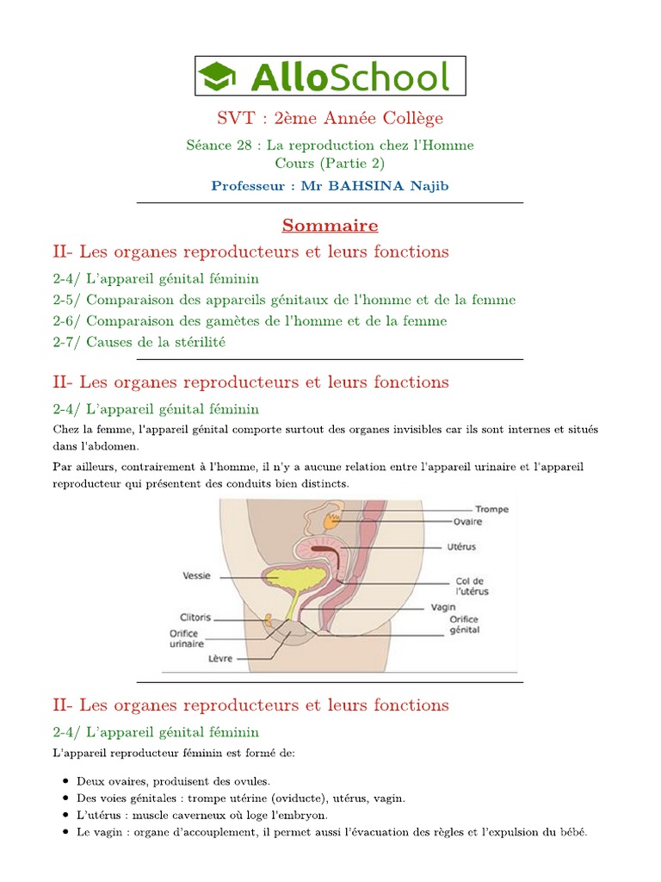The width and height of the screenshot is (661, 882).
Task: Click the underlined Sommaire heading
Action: point(330,226)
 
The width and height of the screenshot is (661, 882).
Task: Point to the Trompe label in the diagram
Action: point(492,509)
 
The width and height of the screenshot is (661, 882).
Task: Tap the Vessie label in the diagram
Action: point(197,575)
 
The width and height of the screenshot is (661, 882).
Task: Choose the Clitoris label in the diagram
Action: point(195,617)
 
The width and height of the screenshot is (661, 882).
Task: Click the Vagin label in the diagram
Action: point(443,606)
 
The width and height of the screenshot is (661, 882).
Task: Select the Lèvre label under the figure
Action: point(221,658)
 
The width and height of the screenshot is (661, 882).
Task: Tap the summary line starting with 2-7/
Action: point(139,342)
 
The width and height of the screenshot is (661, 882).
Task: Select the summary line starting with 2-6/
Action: point(250,320)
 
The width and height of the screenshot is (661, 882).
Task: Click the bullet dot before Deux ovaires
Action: point(67,781)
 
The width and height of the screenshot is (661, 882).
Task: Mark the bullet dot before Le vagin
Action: point(67,833)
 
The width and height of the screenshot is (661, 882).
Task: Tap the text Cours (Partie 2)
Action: point(330,163)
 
